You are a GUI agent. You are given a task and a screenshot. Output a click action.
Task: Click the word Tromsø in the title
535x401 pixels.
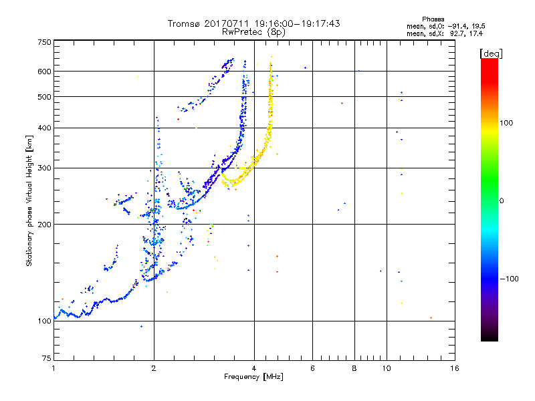pyautogui.click(x=184, y=23)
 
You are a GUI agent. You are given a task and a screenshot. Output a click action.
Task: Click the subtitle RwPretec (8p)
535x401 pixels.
pyautogui.click(x=253, y=32)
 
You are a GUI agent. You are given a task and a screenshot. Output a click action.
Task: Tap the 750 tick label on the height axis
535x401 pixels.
pyautogui.click(x=44, y=42)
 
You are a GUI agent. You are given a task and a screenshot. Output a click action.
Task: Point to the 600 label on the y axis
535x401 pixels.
pyautogui.click(x=44, y=72)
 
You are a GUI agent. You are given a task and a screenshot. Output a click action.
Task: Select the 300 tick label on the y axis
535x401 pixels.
pyautogui.click(x=44, y=168)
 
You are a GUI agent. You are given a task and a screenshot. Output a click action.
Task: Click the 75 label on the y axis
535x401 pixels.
pyautogui.click(x=47, y=358)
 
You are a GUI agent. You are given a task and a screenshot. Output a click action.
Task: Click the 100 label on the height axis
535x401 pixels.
pyautogui.click(x=44, y=321)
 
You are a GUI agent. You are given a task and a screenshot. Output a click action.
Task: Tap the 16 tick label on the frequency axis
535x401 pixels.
pyautogui.click(x=455, y=368)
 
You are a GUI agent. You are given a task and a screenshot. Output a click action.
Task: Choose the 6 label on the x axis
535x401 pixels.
pyautogui.click(x=312, y=368)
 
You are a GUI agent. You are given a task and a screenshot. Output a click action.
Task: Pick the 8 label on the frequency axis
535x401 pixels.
pyautogui.click(x=354, y=368)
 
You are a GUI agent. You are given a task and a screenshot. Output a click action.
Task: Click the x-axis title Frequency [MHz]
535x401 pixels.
pyautogui.click(x=253, y=377)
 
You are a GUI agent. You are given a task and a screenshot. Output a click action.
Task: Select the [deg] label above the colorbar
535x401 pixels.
pyautogui.click(x=491, y=53)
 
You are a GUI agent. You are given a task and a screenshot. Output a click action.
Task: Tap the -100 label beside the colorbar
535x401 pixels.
pyautogui.click(x=510, y=279)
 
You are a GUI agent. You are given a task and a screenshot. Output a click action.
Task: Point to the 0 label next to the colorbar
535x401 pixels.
pyautogui.click(x=502, y=200)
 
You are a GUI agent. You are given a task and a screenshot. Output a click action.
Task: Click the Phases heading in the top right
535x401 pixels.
pyautogui.click(x=433, y=19)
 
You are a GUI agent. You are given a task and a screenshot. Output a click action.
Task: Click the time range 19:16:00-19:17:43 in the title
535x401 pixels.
pyautogui.click(x=297, y=23)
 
